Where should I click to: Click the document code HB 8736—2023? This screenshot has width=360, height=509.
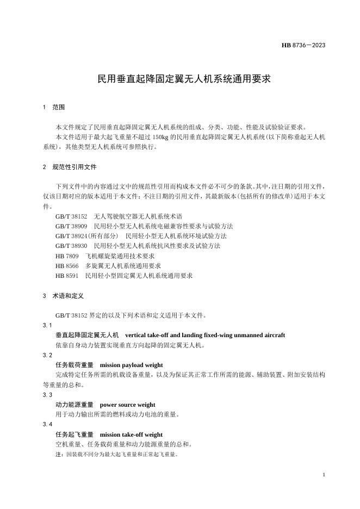(x=303, y=45)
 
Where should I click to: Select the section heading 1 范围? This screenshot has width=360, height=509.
(x=54, y=108)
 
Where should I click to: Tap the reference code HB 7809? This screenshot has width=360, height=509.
(x=67, y=256)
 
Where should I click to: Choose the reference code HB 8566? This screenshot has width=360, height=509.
(x=67, y=266)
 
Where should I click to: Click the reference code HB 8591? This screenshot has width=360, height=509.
(x=67, y=276)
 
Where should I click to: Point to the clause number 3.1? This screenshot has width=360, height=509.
(x=47, y=325)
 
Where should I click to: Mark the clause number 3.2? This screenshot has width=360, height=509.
(x=47, y=355)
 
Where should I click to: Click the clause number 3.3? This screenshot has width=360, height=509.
(x=47, y=395)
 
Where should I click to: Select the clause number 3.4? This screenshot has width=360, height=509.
(x=47, y=424)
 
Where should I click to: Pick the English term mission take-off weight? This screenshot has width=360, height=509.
(x=131, y=434)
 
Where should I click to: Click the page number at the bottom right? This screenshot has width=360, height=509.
(x=324, y=475)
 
